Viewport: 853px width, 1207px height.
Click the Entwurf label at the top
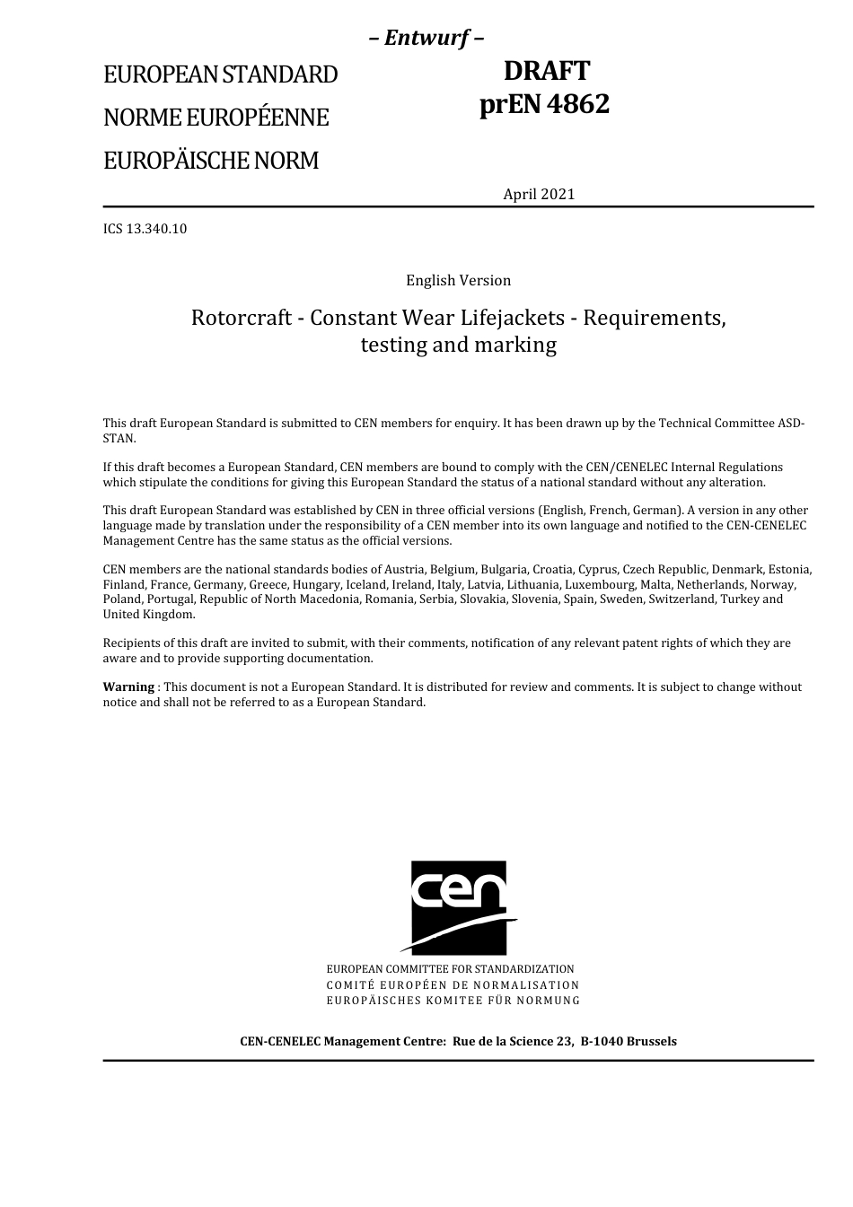click(x=427, y=38)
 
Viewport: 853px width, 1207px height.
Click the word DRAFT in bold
click(x=546, y=71)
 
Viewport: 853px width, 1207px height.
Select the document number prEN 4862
click(x=544, y=104)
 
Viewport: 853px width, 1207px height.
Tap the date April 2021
click(x=539, y=194)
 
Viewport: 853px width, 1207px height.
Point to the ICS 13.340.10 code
click(x=145, y=229)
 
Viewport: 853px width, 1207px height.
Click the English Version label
click(x=458, y=280)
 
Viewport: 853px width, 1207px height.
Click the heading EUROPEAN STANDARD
click(x=220, y=74)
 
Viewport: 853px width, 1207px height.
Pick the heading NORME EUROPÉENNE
click(x=215, y=118)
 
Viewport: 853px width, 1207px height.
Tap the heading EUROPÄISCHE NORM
click(x=211, y=161)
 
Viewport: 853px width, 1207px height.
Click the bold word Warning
click(x=128, y=687)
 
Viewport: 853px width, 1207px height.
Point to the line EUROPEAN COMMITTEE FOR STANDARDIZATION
click(x=450, y=969)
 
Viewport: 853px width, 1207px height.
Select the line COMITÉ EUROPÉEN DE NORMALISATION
click(x=453, y=984)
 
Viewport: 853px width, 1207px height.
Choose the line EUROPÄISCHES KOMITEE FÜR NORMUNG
click(x=453, y=1000)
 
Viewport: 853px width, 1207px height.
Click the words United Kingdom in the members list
click(x=147, y=615)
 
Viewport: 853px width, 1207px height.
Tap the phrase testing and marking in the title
click(x=458, y=345)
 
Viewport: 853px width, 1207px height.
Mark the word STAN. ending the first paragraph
click(x=119, y=439)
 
